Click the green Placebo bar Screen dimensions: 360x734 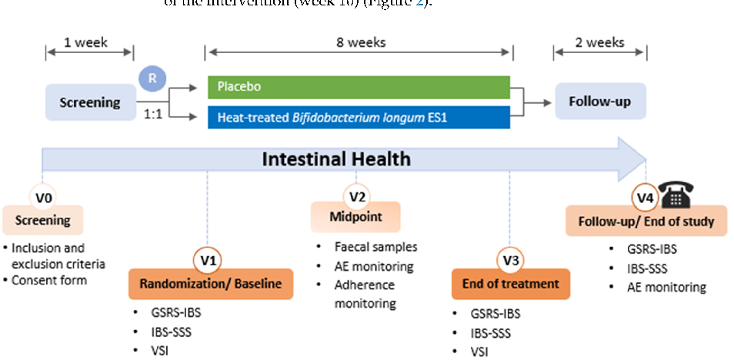coord(359,86)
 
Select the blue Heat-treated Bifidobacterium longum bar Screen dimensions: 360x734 coord(359,118)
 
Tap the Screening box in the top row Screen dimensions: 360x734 coord(91,102)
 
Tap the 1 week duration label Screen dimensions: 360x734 coord(90,42)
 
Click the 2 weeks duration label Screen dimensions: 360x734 coord(600,42)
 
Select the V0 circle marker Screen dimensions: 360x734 coord(43,198)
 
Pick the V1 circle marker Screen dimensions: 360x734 coord(208,261)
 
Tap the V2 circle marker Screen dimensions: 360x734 coord(357,196)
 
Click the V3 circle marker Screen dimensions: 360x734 coord(510,261)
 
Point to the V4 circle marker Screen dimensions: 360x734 coord(645,198)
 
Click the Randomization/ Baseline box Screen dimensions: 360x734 coord(210,284)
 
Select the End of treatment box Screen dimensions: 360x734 coord(510,284)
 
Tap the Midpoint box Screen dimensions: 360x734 coord(356,218)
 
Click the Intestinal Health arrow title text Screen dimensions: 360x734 coord(336,159)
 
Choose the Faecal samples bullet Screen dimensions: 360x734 coord(375,247)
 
